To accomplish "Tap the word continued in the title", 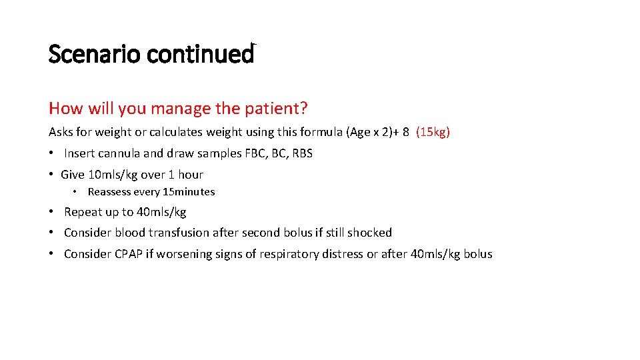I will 201,54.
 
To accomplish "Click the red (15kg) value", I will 433,132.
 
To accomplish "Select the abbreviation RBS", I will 302,153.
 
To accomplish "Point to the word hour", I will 190,175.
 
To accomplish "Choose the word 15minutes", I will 189,192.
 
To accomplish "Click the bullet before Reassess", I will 76,192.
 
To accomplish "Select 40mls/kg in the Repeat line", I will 161,212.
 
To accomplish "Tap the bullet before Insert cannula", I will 52,153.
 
